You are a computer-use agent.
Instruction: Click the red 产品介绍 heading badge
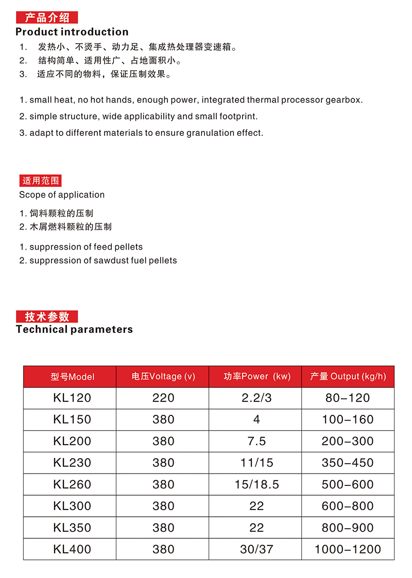coord(47,18)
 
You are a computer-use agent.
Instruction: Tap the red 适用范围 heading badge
coord(41,181)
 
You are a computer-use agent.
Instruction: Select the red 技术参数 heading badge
coord(47,317)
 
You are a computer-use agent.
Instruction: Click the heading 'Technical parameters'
coord(74,329)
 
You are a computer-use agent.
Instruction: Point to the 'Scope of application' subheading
coord(62,195)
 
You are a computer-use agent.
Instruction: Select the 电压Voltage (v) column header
coord(163,376)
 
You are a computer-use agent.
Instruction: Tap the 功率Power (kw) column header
coord(257,376)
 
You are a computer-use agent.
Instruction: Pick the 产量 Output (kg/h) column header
coord(348,376)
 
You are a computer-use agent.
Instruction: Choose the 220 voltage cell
coord(163,398)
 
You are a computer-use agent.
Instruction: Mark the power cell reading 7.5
coord(256,441)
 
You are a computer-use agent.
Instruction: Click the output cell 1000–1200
coord(348,549)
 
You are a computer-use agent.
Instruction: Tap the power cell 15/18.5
coord(256,484)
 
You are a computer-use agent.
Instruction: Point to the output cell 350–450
coord(348,463)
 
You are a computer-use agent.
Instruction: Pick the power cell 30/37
coord(256,549)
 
